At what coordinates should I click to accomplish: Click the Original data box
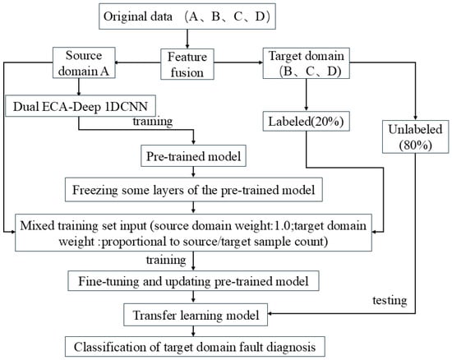click(x=187, y=16)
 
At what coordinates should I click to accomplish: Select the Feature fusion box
click(x=187, y=64)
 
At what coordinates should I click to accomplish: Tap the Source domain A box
click(x=84, y=62)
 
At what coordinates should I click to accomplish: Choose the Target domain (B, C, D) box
click(x=307, y=63)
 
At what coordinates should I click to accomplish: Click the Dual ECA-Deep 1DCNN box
click(x=81, y=106)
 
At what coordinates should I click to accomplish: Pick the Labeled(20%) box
click(x=307, y=121)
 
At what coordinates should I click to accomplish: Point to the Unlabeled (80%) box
click(x=415, y=136)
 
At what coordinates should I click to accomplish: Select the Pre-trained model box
click(x=193, y=156)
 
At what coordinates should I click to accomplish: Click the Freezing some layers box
click(x=194, y=190)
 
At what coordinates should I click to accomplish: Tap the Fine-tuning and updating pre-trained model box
click(x=193, y=281)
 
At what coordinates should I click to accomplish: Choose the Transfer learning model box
click(x=196, y=315)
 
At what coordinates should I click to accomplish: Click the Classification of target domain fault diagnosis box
click(x=195, y=347)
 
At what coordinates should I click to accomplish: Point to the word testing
click(x=390, y=301)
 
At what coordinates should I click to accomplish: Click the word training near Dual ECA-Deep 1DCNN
click(x=153, y=122)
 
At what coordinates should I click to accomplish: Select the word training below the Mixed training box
click(x=166, y=260)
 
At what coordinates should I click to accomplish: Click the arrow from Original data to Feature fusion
click(x=187, y=39)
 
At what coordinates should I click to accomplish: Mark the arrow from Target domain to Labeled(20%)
click(x=307, y=95)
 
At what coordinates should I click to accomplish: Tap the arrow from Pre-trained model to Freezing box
click(x=193, y=173)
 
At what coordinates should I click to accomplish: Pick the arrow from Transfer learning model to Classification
click(x=193, y=331)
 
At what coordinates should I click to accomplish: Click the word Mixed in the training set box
click(x=37, y=225)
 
